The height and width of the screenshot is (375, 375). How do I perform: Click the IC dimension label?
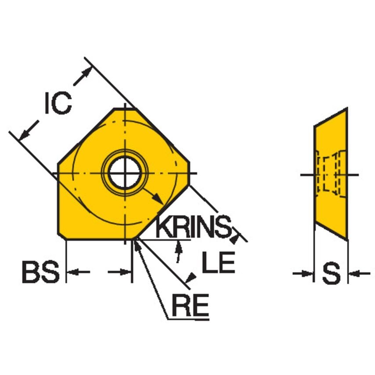(58, 105)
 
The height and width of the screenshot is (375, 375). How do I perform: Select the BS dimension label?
(40, 273)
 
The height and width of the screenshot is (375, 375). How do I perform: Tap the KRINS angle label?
(193, 227)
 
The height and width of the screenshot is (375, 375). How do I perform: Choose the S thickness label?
(331, 274)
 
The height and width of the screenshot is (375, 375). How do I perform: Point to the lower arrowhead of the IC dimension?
(24, 133)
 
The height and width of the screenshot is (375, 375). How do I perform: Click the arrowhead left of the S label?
(309, 274)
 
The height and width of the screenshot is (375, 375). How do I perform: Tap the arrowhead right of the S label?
(353, 274)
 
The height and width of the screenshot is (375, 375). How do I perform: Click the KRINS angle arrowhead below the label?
(178, 245)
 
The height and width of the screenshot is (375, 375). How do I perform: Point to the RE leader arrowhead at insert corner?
(138, 244)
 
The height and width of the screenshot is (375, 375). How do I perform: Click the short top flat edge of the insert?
(125, 108)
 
